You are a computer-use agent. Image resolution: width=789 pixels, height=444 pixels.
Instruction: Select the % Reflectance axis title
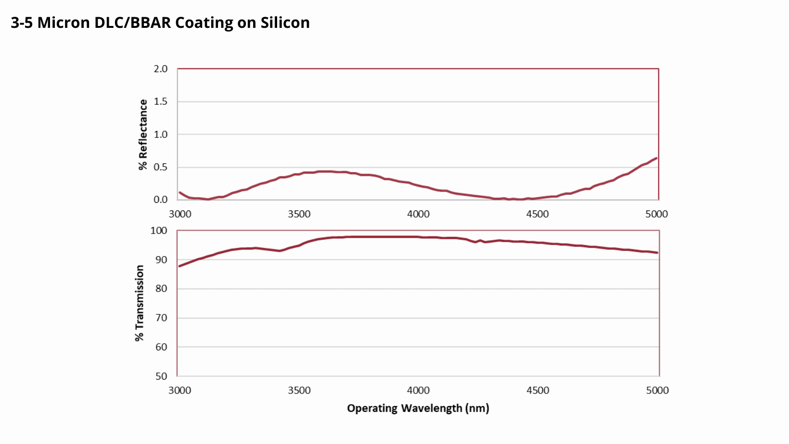tap(143, 135)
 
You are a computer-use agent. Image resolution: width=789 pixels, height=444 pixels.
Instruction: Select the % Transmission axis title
tap(140, 303)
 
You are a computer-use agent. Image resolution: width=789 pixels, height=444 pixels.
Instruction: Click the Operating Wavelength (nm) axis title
tap(418, 408)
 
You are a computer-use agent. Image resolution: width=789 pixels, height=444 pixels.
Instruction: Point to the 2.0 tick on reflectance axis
tap(161, 69)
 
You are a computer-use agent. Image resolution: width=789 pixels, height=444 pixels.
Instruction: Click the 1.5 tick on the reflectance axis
tap(161, 101)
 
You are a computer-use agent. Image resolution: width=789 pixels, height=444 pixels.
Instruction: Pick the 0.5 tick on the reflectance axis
tap(161, 167)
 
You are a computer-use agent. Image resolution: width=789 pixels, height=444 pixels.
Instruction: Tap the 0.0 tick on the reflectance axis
tap(161, 199)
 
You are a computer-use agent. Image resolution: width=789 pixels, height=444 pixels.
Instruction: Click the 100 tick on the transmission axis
tap(159, 231)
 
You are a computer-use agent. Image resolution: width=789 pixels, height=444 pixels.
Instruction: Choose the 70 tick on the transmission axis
tap(161, 318)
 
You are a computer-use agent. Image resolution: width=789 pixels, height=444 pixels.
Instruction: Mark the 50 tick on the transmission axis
tap(161, 376)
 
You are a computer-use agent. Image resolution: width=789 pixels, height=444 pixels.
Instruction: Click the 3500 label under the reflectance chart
tap(299, 214)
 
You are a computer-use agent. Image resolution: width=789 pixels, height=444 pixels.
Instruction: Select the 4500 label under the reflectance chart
tap(537, 214)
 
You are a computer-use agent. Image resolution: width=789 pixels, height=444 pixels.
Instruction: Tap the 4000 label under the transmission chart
tap(419, 390)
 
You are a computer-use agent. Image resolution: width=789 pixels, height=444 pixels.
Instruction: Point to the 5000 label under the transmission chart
tap(657, 390)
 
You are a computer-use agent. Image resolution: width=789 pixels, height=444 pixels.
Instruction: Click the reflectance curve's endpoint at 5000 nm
tap(656, 158)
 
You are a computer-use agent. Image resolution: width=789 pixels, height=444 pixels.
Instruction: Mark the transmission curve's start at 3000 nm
tap(179, 266)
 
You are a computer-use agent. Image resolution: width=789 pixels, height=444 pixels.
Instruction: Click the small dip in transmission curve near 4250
tap(475, 242)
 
